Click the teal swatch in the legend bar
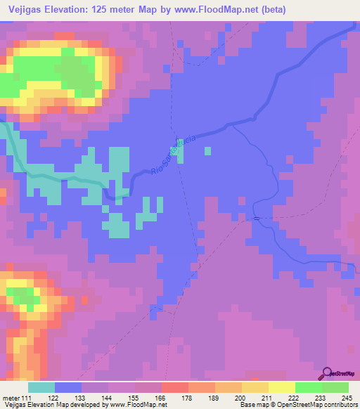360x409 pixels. (x=41, y=387)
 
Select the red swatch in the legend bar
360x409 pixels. (x=174, y=387)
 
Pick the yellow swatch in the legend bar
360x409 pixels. (x=281, y=387)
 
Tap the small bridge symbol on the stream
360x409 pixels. (x=257, y=219)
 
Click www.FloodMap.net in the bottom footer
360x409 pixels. (x=134, y=405)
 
